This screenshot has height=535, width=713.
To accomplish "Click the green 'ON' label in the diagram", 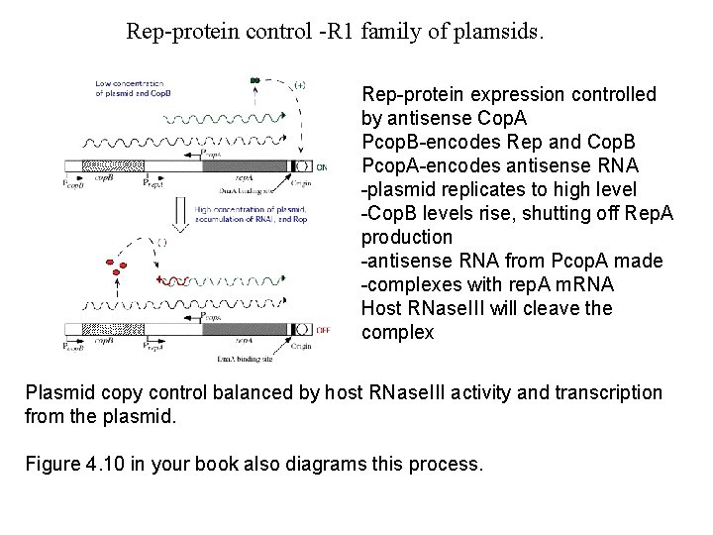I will (321, 165).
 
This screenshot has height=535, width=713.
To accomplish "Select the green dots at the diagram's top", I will (255, 79).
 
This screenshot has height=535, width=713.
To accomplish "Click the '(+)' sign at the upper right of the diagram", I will (299, 84).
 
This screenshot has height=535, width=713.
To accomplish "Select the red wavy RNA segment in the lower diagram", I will (176, 281).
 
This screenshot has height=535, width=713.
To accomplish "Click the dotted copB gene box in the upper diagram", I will (99, 165).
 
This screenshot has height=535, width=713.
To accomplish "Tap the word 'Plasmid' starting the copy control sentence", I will (58, 393).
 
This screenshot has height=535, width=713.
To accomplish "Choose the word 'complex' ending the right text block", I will (397, 333).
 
